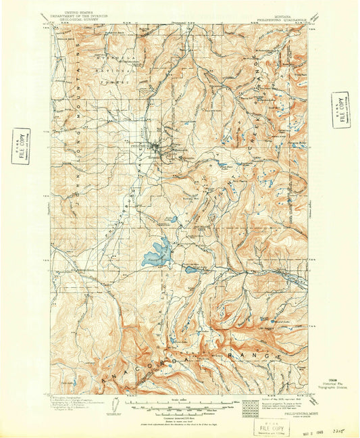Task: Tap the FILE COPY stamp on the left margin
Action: (22, 143)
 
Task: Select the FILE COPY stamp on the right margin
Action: (341, 109)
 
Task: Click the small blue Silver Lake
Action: (191, 269)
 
